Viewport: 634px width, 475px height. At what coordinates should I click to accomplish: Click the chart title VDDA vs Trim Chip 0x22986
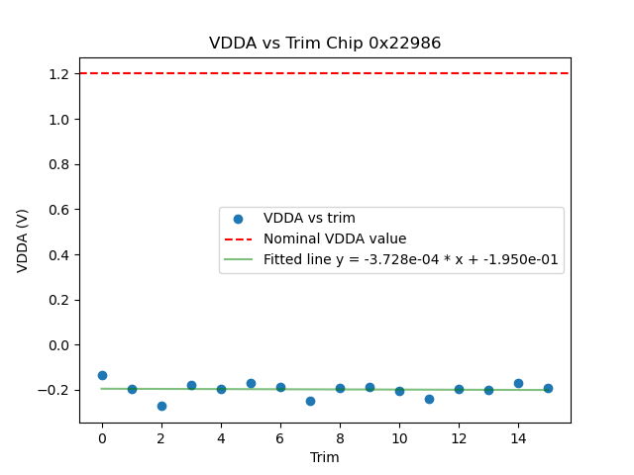tap(325, 44)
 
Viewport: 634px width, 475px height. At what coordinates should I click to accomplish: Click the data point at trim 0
tap(102, 375)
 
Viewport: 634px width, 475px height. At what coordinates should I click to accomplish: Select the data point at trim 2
tap(161, 406)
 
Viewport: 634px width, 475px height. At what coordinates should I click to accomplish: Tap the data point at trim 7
tap(310, 401)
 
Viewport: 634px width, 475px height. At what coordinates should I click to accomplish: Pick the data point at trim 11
tap(429, 399)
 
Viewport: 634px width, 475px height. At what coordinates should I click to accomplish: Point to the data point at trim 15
tap(548, 388)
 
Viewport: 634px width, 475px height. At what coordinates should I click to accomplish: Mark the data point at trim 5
tap(251, 383)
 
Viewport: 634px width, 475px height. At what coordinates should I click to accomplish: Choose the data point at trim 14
tap(518, 383)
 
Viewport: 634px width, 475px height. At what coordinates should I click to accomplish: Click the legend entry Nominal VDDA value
tap(335, 239)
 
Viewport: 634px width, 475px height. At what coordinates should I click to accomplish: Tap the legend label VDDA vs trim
tap(309, 219)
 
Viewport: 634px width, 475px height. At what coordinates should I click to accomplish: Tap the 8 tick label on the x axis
tap(340, 436)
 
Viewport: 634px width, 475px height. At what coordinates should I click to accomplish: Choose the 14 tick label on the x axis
tap(518, 436)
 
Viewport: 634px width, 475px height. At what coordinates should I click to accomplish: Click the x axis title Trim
tap(325, 457)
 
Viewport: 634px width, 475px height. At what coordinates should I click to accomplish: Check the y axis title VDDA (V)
tap(22, 240)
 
